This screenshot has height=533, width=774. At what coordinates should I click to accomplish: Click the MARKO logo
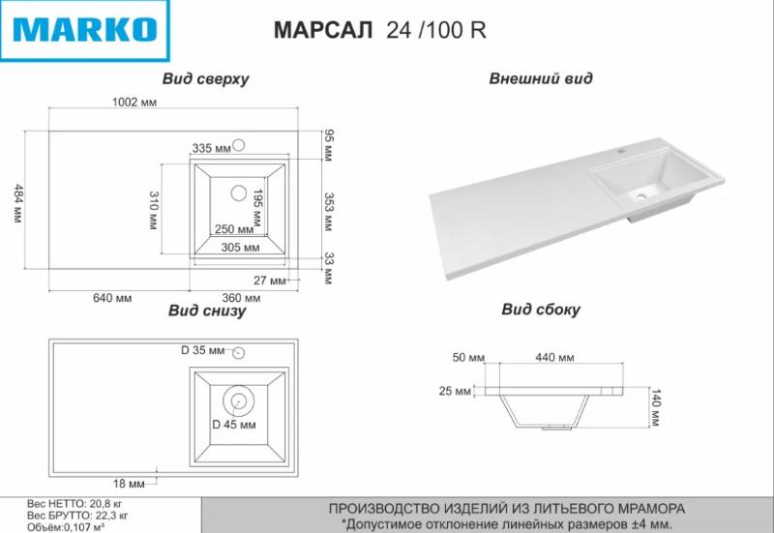click(x=85, y=31)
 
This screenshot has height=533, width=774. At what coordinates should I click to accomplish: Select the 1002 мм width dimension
click(x=134, y=103)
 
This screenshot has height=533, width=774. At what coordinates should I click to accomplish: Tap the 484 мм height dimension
click(x=18, y=203)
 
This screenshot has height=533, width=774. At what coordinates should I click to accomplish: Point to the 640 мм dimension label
click(x=112, y=298)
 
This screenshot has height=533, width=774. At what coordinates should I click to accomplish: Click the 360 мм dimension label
click(x=241, y=298)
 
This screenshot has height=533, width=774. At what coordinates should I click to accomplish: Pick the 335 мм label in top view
click(x=211, y=148)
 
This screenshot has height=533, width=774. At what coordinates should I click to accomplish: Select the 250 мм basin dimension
click(x=234, y=229)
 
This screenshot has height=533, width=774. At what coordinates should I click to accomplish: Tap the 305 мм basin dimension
click(x=240, y=248)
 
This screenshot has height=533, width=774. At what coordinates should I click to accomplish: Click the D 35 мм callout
click(x=202, y=350)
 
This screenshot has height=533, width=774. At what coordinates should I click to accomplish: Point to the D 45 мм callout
click(x=234, y=425)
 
